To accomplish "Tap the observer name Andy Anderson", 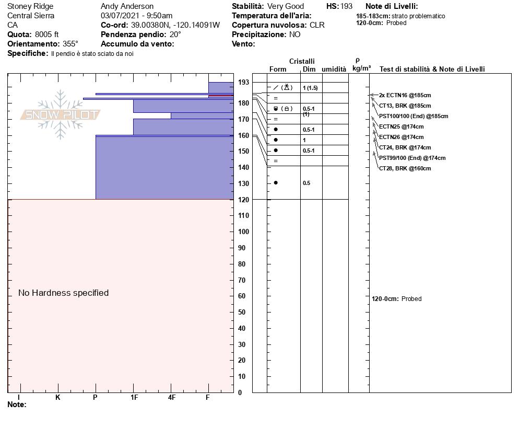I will point(127,6).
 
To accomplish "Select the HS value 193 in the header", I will point(347,6).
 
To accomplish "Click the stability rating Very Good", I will point(286,6).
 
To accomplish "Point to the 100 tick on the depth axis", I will point(243,232).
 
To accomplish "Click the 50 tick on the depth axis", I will point(243,312).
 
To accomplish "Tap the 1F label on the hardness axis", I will point(134,398).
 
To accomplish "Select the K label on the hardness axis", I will point(58,398).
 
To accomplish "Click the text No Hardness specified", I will point(64,293).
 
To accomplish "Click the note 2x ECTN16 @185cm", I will point(405,95).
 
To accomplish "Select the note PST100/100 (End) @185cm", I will point(414,116).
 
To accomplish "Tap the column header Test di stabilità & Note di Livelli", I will point(432,69).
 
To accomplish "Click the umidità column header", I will point(334,69).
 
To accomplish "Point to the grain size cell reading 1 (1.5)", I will point(310,88).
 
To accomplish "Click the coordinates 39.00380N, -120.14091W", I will point(175,25).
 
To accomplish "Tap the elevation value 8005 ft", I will point(47,34).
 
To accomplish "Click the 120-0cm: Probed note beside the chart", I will point(397,299).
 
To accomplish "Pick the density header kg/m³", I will point(361,68).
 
